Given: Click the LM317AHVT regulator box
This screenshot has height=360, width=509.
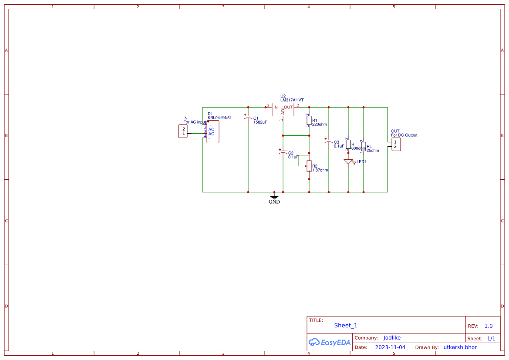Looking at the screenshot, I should pos(283,109).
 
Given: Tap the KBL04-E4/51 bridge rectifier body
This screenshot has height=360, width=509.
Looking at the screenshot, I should pos(212,132).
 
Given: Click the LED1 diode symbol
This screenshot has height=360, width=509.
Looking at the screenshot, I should pos(348,162).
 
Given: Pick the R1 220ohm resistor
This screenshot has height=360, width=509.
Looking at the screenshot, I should pos(309,120).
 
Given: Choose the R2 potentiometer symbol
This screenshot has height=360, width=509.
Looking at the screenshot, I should pos(309,165).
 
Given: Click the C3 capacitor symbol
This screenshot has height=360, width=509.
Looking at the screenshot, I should pos(328,141).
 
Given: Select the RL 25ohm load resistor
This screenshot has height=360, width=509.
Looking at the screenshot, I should pos(363,147).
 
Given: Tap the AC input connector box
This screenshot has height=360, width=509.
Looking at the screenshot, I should pos(183,131).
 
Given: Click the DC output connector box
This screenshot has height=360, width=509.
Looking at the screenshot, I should pos(396,145).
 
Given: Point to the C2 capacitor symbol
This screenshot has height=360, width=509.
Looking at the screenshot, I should pos(283,152).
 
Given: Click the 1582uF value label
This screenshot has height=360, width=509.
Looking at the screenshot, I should pos(260,122).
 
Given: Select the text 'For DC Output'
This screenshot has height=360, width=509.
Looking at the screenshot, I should pos(404,135).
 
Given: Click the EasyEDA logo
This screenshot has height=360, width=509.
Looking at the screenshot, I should pos(330,343).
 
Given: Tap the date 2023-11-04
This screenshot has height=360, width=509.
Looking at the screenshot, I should pos(390,347).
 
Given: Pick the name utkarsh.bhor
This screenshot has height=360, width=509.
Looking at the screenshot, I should pos(460,347).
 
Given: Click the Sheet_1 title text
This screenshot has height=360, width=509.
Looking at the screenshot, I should pos(346,326).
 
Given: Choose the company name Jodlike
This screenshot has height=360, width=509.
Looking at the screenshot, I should pos(392,338).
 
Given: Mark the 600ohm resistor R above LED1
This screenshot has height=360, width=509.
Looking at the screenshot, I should pos(348,145).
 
